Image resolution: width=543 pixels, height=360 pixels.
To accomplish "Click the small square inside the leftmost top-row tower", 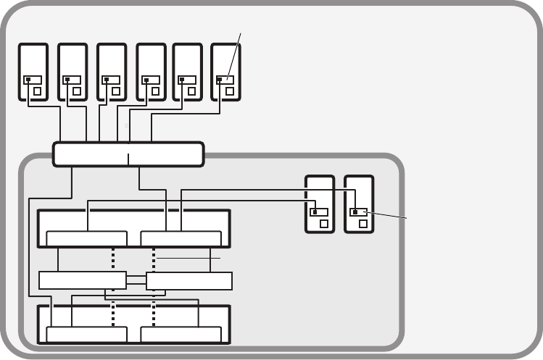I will point(37,92).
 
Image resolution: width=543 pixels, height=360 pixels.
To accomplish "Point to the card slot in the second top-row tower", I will point(72,80).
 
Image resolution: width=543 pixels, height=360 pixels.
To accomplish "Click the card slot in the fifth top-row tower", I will point(187,80).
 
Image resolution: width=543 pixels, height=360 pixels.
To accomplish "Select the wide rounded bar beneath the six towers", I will point(128,154).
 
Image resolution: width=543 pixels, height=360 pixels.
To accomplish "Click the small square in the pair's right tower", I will point(362,224).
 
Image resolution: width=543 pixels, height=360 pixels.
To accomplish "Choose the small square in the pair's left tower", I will point(323,224).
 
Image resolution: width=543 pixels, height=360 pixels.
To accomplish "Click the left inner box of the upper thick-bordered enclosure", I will point(86,239).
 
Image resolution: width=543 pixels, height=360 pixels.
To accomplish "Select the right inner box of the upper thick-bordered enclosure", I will point(181,239).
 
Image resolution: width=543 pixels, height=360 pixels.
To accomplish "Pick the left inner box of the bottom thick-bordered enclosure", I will point(86,334).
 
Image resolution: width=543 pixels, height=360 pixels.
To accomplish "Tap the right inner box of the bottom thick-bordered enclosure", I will point(181,334).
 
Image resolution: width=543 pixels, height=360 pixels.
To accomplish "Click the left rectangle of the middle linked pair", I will point(82,280).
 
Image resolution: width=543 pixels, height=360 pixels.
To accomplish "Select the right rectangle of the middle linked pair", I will point(189,280).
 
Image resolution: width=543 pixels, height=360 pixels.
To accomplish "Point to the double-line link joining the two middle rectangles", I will point(136,280).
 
